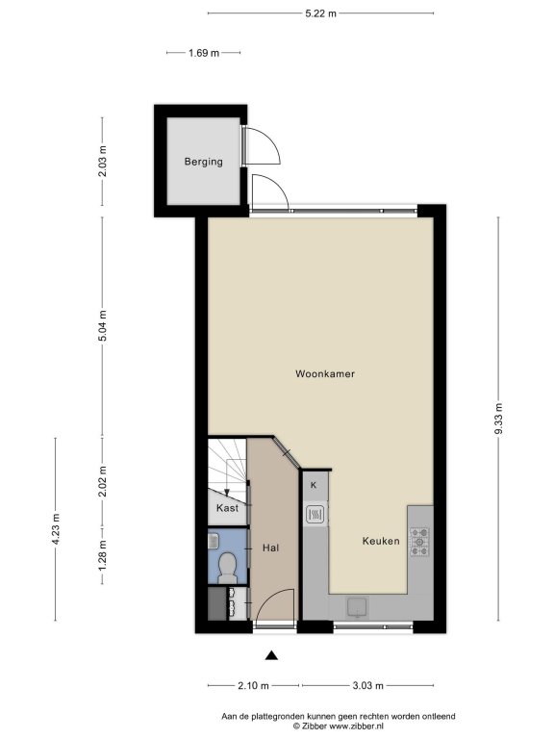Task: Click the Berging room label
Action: pyautogui.click(x=204, y=162)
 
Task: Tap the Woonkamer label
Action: pyautogui.click(x=325, y=373)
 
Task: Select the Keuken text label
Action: pyautogui.click(x=381, y=541)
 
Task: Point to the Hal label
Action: pyautogui.click(x=271, y=548)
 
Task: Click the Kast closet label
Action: pyautogui.click(x=227, y=508)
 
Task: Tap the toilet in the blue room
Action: pyautogui.click(x=228, y=568)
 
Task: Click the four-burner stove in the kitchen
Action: pyautogui.click(x=419, y=542)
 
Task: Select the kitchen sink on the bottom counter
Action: pyautogui.click(x=358, y=607)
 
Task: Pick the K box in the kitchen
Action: pyautogui.click(x=314, y=485)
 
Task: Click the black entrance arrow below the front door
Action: pyautogui.click(x=271, y=655)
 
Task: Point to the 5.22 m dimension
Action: pyautogui.click(x=321, y=13)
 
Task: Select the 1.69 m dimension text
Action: pyautogui.click(x=204, y=53)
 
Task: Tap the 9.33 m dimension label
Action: pyautogui.click(x=499, y=420)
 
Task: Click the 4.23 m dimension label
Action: pyautogui.click(x=56, y=529)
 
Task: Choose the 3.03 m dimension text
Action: pyautogui.click(x=368, y=685)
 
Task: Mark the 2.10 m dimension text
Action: pyautogui.click(x=254, y=685)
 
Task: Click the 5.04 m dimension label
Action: pyautogui.click(x=103, y=325)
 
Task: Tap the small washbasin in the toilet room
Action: pyautogui.click(x=213, y=540)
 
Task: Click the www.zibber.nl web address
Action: pyautogui.click(x=356, y=726)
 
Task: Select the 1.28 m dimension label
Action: pyautogui.click(x=103, y=555)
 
